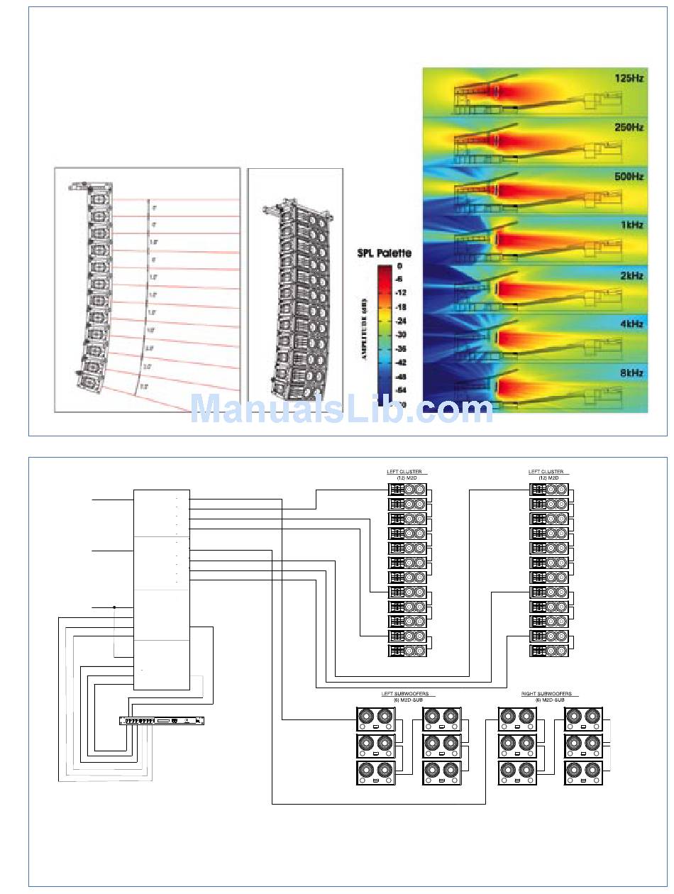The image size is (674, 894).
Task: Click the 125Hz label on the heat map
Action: (x=629, y=79)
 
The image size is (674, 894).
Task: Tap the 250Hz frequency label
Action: (x=629, y=128)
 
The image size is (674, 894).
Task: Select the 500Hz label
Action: (x=629, y=177)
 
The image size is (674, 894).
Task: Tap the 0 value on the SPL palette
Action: (x=400, y=266)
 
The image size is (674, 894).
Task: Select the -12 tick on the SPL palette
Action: (x=400, y=293)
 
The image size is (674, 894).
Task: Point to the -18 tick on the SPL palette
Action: (x=400, y=307)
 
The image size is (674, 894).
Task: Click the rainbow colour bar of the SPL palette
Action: (x=384, y=333)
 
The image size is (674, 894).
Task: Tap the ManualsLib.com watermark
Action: (x=341, y=410)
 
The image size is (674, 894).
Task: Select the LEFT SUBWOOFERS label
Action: (x=404, y=694)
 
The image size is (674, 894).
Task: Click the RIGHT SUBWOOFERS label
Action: (x=546, y=694)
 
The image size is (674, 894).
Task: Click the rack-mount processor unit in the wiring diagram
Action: (x=162, y=721)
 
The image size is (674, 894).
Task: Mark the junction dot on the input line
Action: (x=114, y=607)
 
